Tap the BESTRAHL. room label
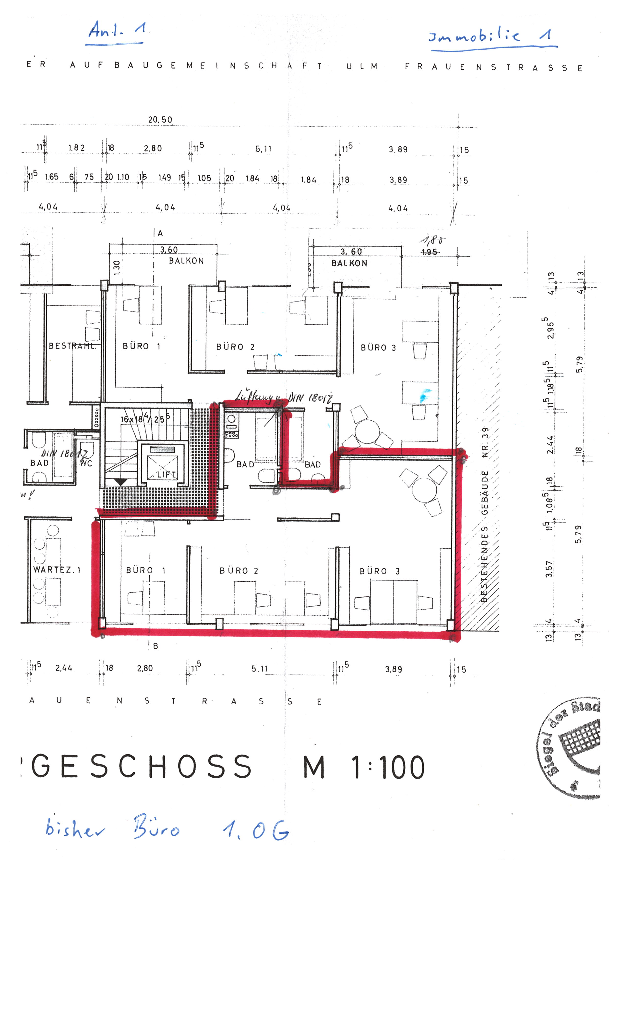[x=72, y=346]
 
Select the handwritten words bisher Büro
[x=112, y=828]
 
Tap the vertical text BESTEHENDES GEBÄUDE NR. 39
[x=485, y=515]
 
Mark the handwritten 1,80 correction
[x=432, y=241]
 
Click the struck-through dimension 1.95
[x=429, y=252]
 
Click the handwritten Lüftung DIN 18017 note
[x=283, y=397]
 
